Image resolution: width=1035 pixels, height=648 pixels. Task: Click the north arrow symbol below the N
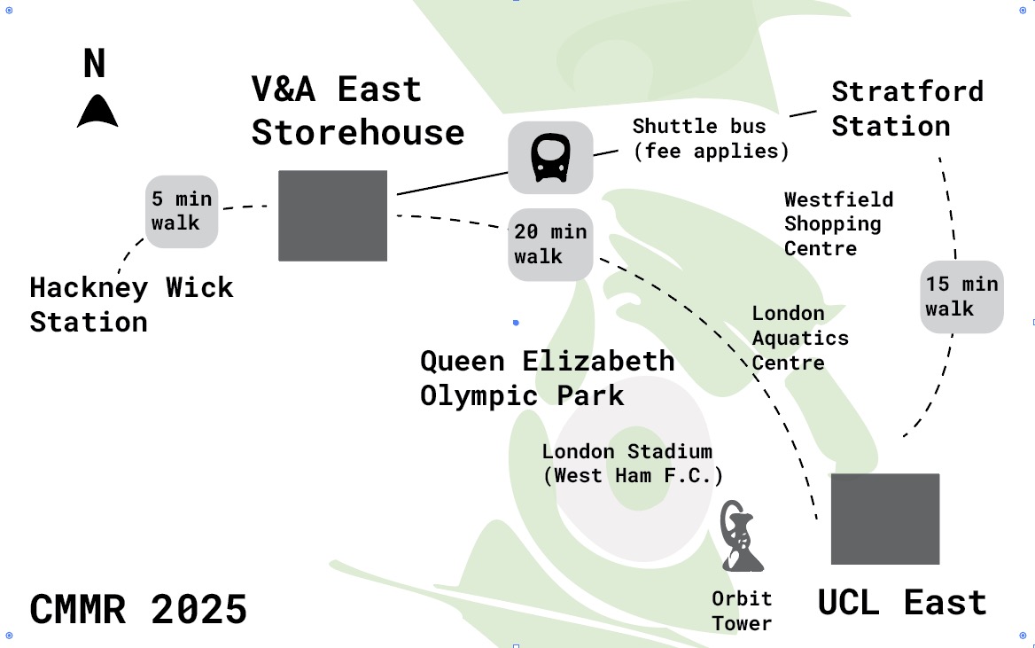pos(97,112)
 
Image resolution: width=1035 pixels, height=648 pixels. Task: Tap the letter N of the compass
pos(95,65)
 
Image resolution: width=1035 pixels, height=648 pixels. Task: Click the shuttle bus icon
pos(549,158)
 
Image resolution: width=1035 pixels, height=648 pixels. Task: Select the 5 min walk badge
pos(181,212)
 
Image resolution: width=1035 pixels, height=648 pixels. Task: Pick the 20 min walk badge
pos(550,244)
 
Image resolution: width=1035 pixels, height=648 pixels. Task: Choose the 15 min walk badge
pos(961,297)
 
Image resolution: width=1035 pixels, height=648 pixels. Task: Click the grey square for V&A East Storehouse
pos(332,215)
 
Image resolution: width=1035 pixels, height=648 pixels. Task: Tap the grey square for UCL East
pos(884,519)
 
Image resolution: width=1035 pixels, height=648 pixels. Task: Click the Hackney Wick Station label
pos(131,304)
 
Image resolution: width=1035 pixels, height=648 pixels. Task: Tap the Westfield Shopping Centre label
pos(838,223)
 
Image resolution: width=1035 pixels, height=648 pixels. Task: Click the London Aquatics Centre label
pos(799,338)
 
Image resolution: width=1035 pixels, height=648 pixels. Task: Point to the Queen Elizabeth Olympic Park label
pos(547,378)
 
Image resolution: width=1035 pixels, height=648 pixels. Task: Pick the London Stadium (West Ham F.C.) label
pos(632,463)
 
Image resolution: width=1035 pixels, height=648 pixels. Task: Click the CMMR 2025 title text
pos(138,610)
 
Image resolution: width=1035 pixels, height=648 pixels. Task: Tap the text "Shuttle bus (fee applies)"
pos(710,138)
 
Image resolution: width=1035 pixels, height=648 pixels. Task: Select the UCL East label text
pos(901,603)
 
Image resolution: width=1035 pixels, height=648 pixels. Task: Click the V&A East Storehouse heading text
pos(357,111)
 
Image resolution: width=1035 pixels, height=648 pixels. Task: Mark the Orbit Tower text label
pos(742,611)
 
